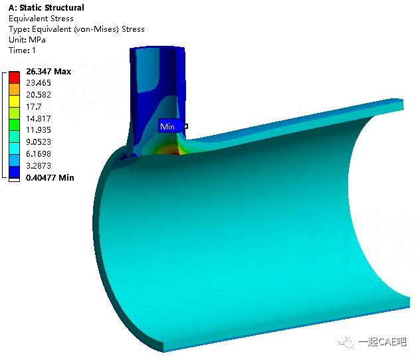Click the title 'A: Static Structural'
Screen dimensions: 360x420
(x=46, y=8)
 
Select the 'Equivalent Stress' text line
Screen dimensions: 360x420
(x=41, y=19)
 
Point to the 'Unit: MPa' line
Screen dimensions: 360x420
(x=27, y=40)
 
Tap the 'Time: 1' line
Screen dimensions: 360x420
(x=23, y=50)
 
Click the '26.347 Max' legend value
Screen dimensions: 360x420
(x=48, y=71)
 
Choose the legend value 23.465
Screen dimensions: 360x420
(x=40, y=83)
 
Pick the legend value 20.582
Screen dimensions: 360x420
(x=40, y=95)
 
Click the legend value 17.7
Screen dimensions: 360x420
(x=34, y=107)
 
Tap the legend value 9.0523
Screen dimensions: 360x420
(x=40, y=142)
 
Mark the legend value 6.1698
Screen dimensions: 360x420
(x=40, y=154)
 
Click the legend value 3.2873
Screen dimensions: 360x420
(x=40, y=165)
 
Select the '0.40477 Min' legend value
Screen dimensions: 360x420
(x=50, y=177)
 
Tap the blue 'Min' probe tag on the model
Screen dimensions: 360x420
(x=167, y=126)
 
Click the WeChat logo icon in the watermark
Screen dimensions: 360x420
(x=346, y=341)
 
